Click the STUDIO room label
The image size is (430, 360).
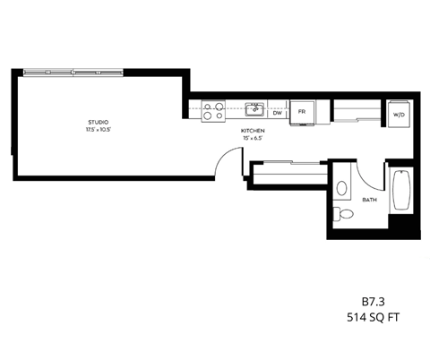[99, 122]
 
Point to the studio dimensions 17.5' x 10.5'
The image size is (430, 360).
[99, 130]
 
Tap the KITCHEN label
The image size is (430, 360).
[252, 132]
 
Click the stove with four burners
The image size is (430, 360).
[213, 111]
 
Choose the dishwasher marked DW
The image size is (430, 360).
[278, 113]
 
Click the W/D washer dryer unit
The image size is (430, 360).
[400, 114]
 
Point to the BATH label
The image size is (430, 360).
[368, 201]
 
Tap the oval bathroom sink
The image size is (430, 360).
[342, 189]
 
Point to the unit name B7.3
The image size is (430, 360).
[372, 304]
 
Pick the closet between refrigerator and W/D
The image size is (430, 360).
[357, 112]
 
